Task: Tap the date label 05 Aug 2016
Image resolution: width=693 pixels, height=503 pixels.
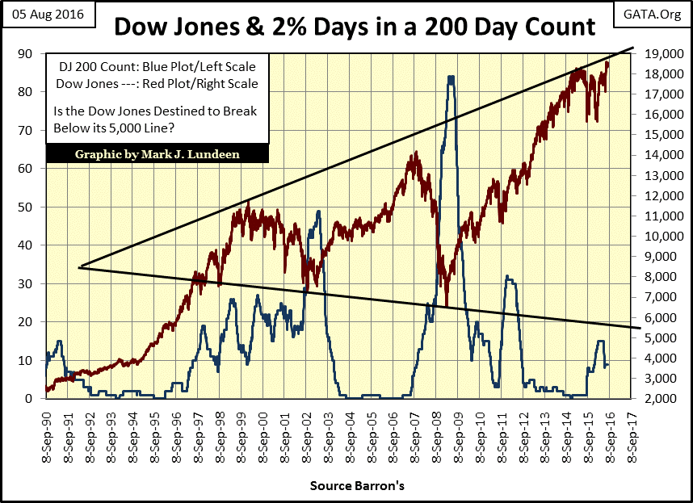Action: (x=49, y=15)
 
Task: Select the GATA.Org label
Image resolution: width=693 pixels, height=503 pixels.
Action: (x=651, y=15)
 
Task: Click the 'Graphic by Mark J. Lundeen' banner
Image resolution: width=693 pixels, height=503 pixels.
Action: (x=157, y=153)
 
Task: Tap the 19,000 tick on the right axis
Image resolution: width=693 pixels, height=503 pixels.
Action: (x=661, y=54)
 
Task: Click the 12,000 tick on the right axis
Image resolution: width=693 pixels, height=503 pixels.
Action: (x=661, y=196)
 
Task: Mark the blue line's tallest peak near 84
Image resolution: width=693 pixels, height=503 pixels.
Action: (x=450, y=77)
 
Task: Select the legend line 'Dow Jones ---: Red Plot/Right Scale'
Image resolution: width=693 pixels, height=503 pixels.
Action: (x=156, y=83)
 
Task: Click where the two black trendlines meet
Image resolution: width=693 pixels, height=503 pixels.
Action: (x=79, y=266)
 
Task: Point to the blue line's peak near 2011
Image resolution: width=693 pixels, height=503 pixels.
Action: (x=507, y=277)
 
